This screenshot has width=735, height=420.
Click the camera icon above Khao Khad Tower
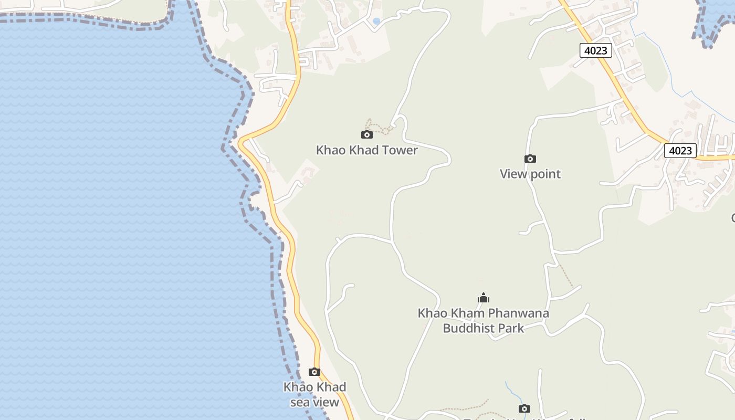tap(367, 135)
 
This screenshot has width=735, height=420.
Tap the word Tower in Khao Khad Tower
tap(399, 150)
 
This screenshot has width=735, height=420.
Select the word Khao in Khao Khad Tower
tap(329, 150)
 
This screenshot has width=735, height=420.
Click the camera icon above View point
tap(530, 159)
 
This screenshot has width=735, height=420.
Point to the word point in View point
tap(545, 174)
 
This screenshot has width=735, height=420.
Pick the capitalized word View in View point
tap(513, 174)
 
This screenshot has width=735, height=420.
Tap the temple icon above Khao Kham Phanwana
tap(484, 298)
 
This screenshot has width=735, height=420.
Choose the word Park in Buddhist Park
tap(511, 329)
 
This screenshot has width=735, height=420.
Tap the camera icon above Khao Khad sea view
tap(314, 372)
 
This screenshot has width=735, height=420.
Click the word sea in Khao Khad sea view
tap(300, 403)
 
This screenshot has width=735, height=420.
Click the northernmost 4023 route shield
tap(596, 50)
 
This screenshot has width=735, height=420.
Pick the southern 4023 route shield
tap(680, 151)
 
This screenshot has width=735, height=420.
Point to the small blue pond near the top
tap(376, 22)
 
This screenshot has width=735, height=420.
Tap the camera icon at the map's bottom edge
tap(524, 409)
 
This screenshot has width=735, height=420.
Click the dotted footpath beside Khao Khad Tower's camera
tap(379, 127)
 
